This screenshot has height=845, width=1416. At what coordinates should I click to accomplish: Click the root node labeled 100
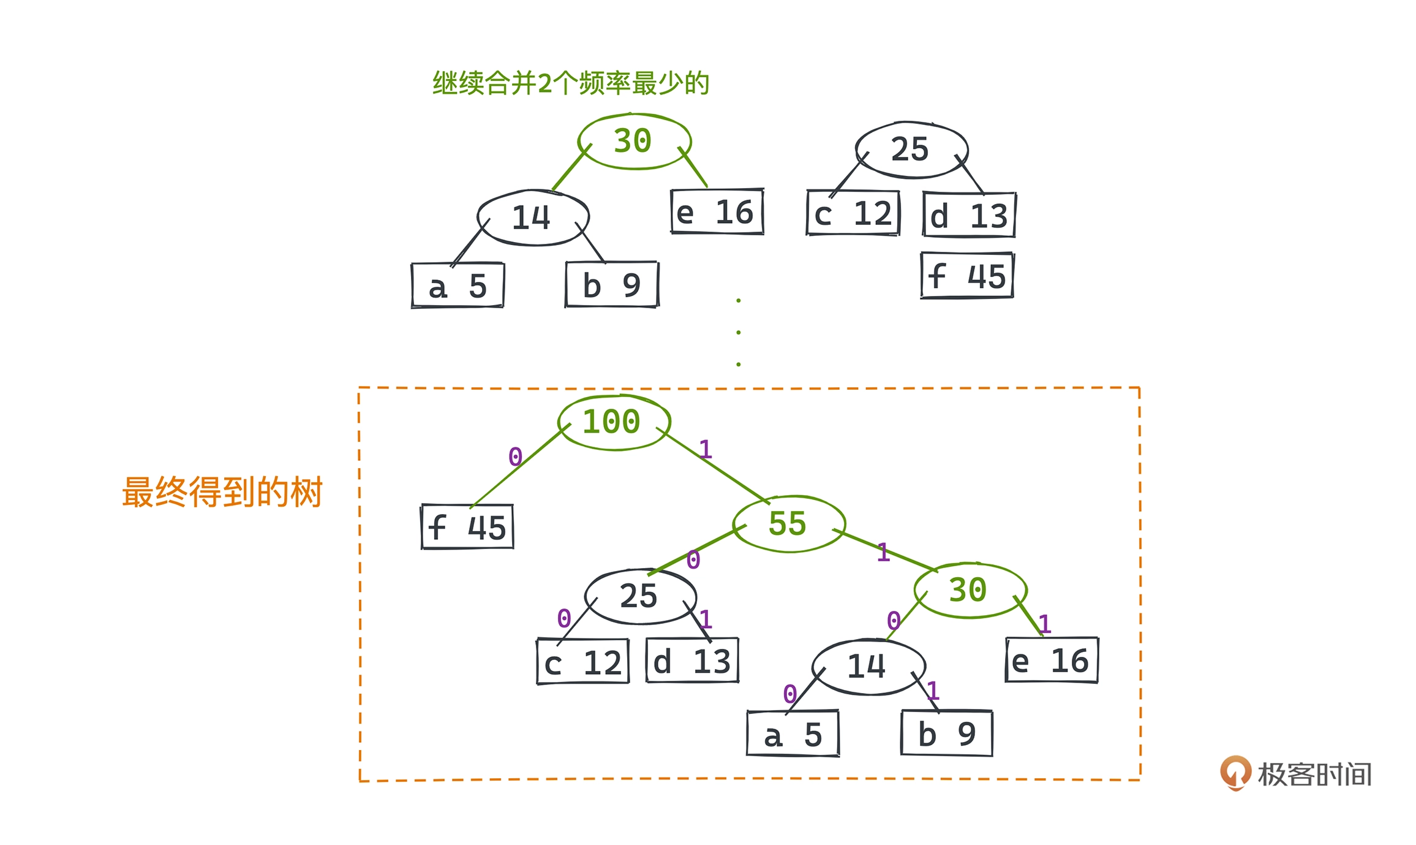tap(614, 422)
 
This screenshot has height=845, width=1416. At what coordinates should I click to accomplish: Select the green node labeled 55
tap(789, 524)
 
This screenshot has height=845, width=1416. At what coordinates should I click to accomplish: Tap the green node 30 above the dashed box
tap(634, 141)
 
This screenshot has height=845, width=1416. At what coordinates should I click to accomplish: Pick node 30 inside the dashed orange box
tap(970, 590)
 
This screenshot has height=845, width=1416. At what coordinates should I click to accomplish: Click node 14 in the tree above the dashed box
tap(533, 218)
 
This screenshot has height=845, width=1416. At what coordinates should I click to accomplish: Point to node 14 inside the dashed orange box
tap(868, 667)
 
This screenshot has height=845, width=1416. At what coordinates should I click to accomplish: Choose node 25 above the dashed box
tap(911, 150)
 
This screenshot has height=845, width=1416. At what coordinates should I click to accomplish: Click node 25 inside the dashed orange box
tap(640, 596)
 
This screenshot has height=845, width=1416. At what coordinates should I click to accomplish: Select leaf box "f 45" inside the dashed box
tap(467, 527)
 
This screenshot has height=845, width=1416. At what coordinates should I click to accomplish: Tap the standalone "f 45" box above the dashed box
tap(968, 276)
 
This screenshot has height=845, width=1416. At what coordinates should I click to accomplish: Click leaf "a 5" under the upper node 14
tap(458, 286)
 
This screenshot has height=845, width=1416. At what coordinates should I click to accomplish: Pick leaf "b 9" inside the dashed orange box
tap(947, 733)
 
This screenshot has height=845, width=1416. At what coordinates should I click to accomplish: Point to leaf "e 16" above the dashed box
tap(717, 212)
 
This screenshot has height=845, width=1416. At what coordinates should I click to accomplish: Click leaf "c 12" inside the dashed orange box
tap(583, 662)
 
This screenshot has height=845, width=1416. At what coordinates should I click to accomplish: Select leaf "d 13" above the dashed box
tap(970, 215)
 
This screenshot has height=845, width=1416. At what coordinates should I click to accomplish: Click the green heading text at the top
tap(571, 83)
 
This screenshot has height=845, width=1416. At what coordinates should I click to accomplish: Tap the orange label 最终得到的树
tap(222, 492)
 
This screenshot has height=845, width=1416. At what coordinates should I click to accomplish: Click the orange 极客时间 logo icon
tap(1235, 772)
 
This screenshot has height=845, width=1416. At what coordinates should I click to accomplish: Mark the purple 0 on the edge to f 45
tap(515, 457)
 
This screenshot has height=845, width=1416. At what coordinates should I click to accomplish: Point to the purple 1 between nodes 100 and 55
tap(706, 450)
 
